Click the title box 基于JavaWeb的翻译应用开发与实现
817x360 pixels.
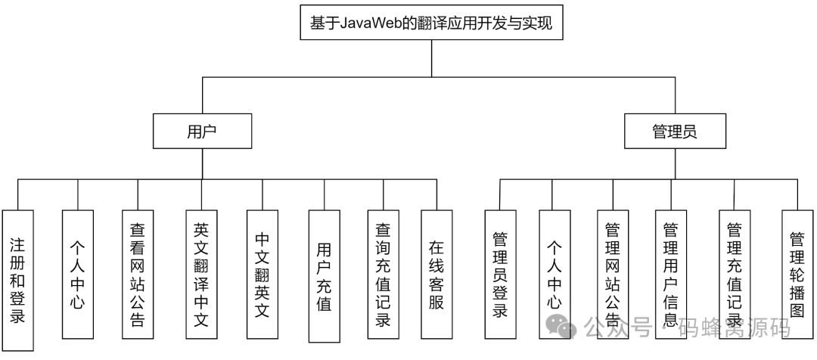click(x=431, y=23)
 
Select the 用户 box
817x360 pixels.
click(x=201, y=131)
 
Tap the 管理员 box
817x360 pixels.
click(x=674, y=131)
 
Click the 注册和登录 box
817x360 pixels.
click(x=18, y=280)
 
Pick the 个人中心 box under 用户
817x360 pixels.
click(x=77, y=274)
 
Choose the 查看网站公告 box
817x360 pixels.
click(x=138, y=274)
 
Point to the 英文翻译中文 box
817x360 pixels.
click(x=201, y=274)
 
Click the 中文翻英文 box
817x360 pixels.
click(x=262, y=274)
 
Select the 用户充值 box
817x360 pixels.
click(x=324, y=274)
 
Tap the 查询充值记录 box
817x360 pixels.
click(x=383, y=274)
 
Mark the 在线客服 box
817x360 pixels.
click(x=436, y=274)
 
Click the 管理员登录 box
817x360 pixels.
click(x=499, y=274)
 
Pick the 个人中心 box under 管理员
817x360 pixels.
click(x=555, y=274)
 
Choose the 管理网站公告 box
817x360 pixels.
click(x=613, y=274)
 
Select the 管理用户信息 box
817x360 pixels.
click(x=670, y=274)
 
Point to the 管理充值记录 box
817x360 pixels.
click(x=734, y=274)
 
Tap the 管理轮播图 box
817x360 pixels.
click(x=797, y=274)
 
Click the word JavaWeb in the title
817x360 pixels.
click(x=367, y=23)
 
